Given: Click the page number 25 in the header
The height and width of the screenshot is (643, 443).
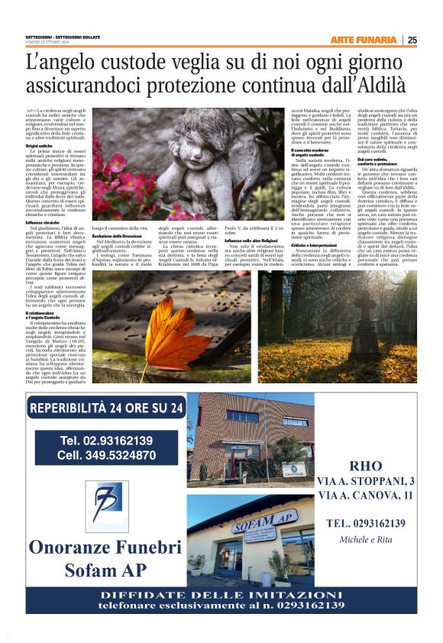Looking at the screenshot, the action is [x=412, y=40].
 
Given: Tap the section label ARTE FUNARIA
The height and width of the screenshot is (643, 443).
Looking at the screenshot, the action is [x=364, y=40].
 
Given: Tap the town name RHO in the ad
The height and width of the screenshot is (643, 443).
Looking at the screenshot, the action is [x=370, y=466].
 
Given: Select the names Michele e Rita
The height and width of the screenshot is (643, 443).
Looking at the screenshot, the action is [x=370, y=539].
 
